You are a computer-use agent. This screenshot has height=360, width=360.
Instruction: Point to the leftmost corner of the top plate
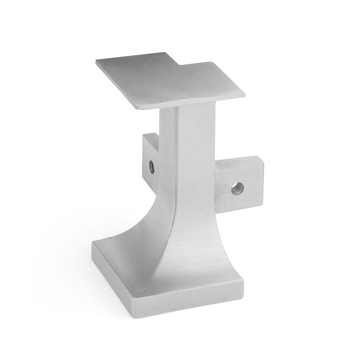pos(96,64)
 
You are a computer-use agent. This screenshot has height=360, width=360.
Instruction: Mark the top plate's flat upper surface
pos(170,82)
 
